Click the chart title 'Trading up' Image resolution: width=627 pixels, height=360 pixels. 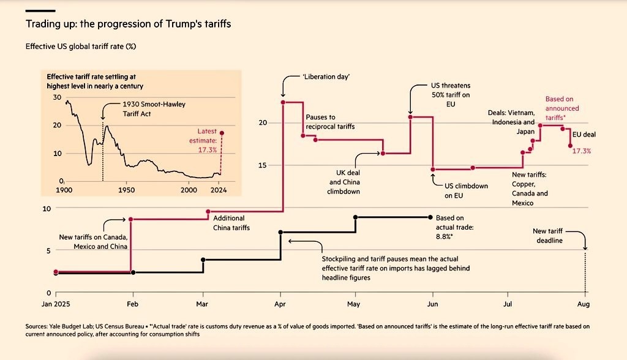coord(128,24)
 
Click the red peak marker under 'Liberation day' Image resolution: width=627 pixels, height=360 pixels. coord(283,102)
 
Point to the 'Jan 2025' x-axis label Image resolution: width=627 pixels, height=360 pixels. coord(56,304)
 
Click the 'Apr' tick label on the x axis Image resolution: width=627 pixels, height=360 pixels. coord(280,304)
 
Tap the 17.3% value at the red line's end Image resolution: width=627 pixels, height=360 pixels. coord(582,151)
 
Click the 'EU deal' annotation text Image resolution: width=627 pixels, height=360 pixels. coord(584,135)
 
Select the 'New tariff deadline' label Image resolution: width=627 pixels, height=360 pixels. coord(547,236)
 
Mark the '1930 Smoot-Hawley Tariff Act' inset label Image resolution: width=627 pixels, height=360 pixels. coord(146,109)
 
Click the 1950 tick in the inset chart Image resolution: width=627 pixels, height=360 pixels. coord(126,190)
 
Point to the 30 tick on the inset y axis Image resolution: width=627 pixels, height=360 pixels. coord(58,97)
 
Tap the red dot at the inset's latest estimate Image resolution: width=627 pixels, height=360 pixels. coord(222,133)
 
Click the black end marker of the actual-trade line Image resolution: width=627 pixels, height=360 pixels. coord(430,217)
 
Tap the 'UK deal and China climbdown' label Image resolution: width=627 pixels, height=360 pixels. coord(344,182)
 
